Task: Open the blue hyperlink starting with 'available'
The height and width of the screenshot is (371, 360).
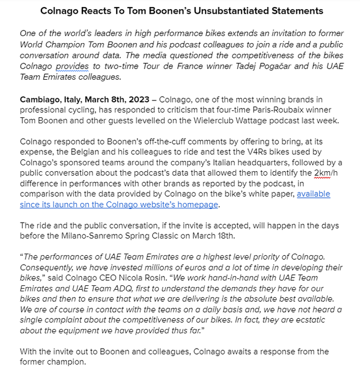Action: [x=313, y=194]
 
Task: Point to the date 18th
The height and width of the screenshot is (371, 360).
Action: [x=227, y=236]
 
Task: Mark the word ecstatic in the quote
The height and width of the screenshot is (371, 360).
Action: [x=304, y=320]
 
